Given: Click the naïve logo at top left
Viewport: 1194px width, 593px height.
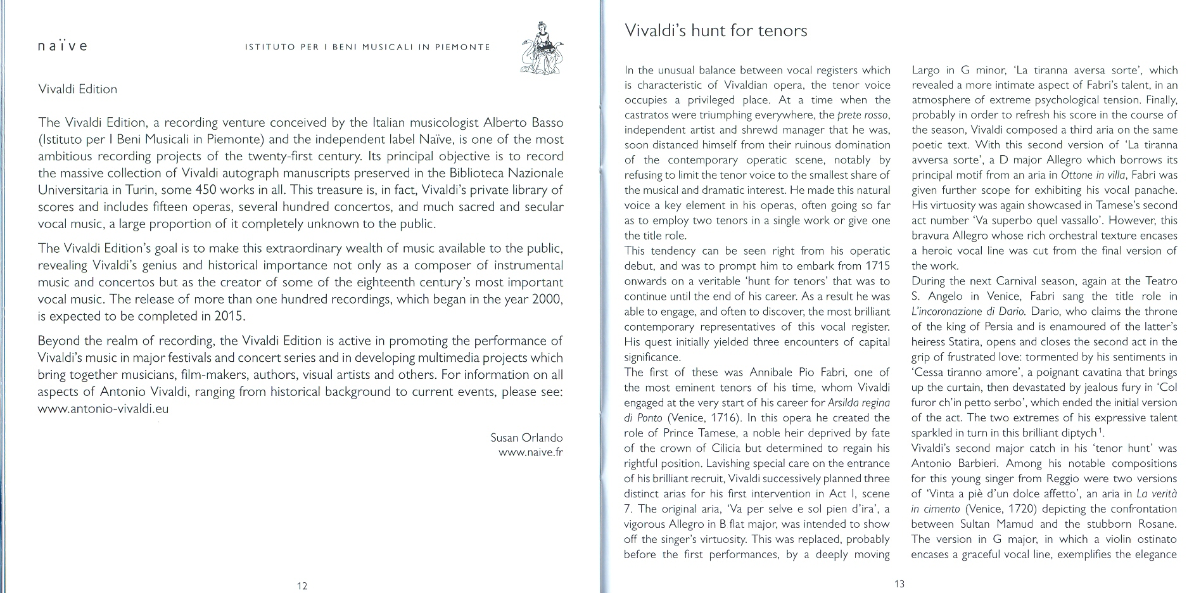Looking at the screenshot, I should click(62, 46).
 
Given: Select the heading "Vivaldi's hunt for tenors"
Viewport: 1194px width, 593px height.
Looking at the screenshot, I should click(716, 30).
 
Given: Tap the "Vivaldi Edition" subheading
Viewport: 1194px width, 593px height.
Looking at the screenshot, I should click(77, 89).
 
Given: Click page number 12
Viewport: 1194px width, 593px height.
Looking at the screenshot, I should click(302, 586).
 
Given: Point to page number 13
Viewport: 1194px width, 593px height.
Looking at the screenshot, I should click(899, 584).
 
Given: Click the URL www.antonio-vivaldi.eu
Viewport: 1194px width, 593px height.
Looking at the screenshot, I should click(103, 409).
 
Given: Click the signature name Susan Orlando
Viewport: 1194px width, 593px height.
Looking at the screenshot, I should click(526, 438).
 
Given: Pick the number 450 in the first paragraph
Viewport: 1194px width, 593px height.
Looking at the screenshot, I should click(262, 190).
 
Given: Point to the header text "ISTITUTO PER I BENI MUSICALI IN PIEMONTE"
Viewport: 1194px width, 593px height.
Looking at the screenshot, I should click(367, 47).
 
